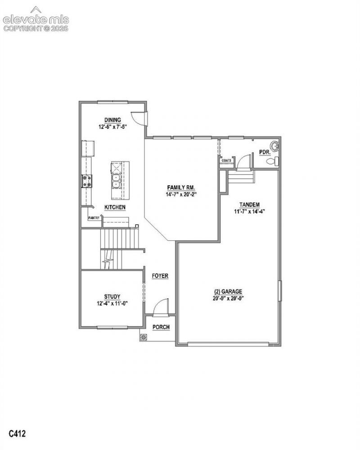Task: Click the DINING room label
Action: (112, 120)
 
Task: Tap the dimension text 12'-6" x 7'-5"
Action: (112, 126)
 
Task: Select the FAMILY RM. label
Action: (181, 188)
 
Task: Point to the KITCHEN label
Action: (115, 207)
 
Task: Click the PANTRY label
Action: (94, 218)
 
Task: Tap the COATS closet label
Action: (226, 161)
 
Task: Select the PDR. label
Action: (265, 153)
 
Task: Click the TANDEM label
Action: (249, 205)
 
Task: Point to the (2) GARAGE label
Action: (227, 292)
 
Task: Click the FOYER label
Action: (160, 276)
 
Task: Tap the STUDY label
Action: (112, 297)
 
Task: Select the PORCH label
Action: (161, 327)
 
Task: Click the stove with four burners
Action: (87, 181)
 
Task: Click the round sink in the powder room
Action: (275, 146)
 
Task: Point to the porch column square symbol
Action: (143, 337)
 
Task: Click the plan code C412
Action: (17, 433)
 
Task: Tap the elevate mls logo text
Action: (36, 20)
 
